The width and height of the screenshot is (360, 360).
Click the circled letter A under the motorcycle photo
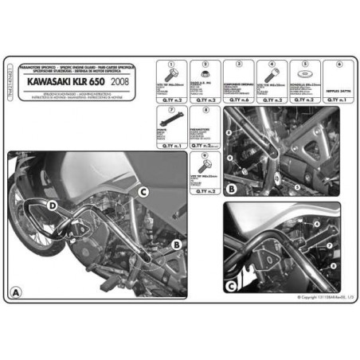[14, 292]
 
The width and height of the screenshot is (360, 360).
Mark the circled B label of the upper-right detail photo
[231, 189]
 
